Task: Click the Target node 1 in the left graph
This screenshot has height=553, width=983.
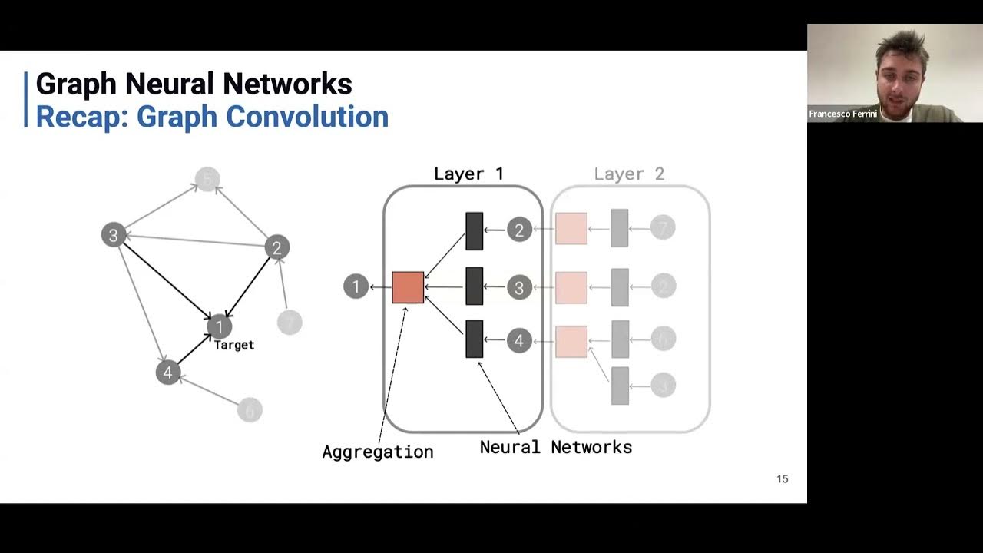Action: [x=219, y=326]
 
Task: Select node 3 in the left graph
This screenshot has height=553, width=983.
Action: [x=114, y=235]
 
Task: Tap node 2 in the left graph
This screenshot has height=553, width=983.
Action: [x=276, y=247]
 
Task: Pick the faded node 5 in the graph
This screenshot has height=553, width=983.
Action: [x=207, y=179]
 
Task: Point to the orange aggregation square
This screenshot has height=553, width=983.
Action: [x=408, y=287]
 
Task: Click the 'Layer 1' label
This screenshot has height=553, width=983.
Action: [x=468, y=174]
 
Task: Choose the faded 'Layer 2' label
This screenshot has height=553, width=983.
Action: [x=629, y=174]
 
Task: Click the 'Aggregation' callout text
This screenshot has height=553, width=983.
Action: [x=377, y=452]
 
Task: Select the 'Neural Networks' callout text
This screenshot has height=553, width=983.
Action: [x=555, y=447]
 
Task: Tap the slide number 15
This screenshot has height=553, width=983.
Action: [x=782, y=479]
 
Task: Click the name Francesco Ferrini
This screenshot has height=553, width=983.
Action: [x=842, y=114]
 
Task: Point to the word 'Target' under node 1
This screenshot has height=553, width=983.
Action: [x=233, y=346]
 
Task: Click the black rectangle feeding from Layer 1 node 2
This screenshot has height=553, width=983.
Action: [x=474, y=230]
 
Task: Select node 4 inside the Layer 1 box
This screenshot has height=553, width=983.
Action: [x=519, y=340]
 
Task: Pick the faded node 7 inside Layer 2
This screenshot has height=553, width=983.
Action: [x=663, y=227]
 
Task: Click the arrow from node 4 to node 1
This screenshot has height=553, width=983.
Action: [x=194, y=349]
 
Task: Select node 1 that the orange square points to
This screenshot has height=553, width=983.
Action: [x=356, y=287]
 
